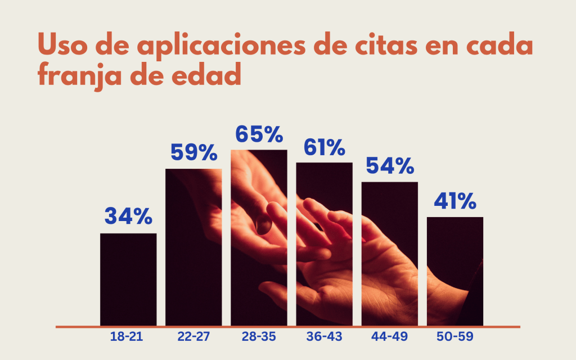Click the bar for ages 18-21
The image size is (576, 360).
pos(128,279)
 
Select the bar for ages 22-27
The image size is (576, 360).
pos(193,247)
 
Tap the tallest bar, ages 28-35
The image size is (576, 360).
pos(259,237)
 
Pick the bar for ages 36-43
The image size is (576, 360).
pos(325,244)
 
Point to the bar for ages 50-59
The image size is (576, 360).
pos(455,271)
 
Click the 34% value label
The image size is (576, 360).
pos(128,216)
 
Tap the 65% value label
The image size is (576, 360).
pos(259,134)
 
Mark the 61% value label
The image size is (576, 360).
pos(324,147)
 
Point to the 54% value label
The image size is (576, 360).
pos(390,166)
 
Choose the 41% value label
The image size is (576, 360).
pos(455,201)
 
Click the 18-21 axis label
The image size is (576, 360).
pos(127,337)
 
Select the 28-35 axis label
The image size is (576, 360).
pos(259,337)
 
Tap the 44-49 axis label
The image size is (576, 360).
pos(389,337)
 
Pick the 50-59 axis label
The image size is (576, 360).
pos(455,337)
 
